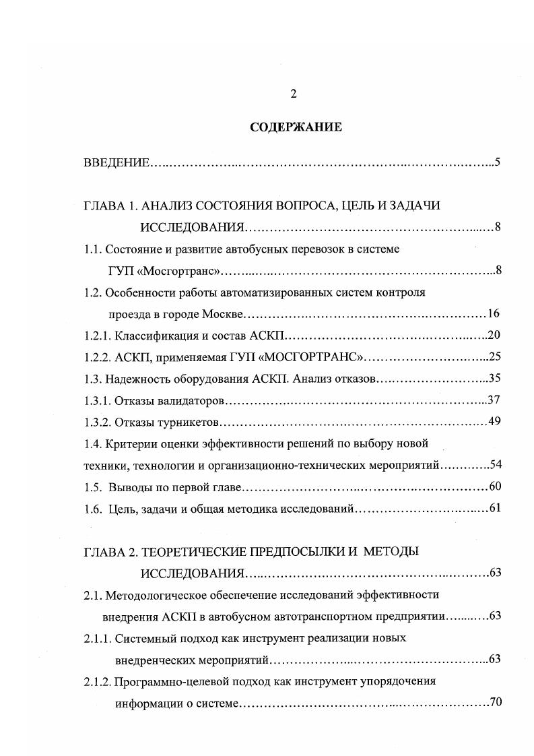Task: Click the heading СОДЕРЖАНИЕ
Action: click(296, 127)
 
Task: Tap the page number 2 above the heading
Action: click(294, 94)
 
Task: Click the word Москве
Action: click(220, 314)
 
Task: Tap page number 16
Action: click(493, 314)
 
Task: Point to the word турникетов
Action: click(190, 422)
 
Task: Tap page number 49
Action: click(493, 422)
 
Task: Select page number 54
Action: click(493, 465)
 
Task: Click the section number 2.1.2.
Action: click(97, 681)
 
